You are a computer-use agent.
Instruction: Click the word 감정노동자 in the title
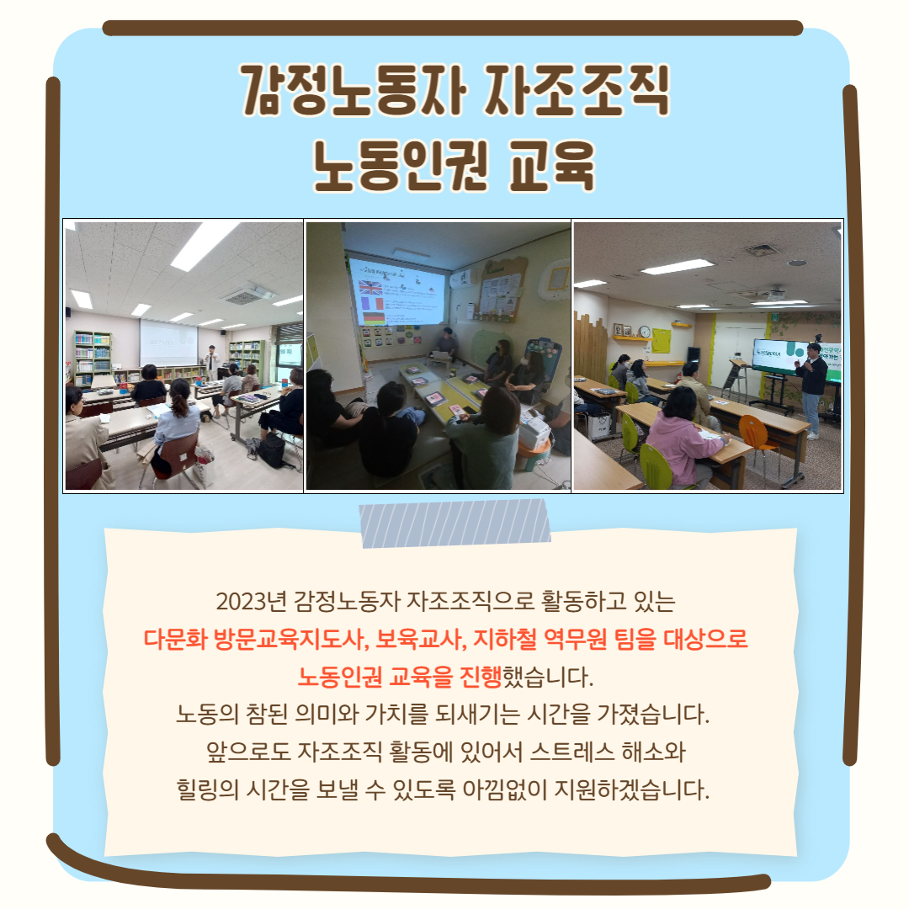click(354, 90)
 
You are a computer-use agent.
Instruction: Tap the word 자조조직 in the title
click(577, 90)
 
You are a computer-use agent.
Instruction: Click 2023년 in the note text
click(252, 601)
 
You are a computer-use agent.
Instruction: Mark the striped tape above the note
click(454, 523)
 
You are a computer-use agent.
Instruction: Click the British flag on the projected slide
click(370, 287)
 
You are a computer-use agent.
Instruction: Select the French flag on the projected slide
click(372, 303)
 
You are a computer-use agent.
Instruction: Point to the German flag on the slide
click(374, 317)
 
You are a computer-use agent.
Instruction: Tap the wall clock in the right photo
click(645, 331)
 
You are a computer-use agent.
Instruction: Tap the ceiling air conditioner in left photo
click(247, 295)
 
